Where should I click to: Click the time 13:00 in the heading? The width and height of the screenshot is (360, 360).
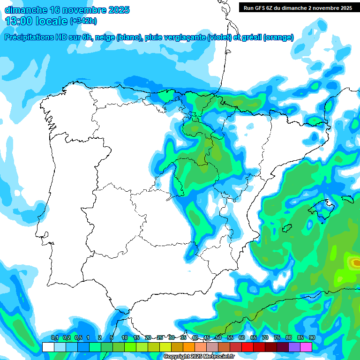point(19,21)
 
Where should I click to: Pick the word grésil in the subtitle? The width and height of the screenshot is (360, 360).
point(251,37)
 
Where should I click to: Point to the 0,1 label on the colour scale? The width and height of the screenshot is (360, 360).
point(54,338)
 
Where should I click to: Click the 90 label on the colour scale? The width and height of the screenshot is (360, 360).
point(312,338)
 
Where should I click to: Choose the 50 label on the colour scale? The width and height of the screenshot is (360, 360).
point(218,338)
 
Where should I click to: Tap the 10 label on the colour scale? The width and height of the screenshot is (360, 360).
point(125,338)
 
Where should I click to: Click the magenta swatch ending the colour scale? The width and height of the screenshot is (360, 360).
point(306,347)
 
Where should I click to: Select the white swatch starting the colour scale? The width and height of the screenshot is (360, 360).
point(48,347)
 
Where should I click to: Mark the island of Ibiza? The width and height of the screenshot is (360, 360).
point(286,228)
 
